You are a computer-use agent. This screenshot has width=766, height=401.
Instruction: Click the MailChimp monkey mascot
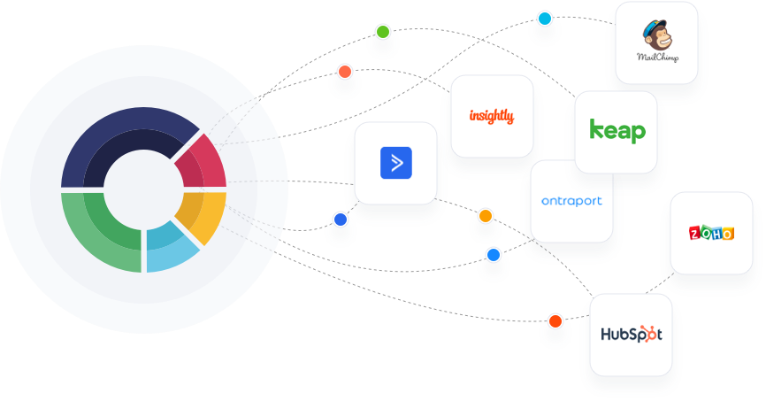(658, 35)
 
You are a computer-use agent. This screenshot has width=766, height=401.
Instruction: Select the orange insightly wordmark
(491, 116)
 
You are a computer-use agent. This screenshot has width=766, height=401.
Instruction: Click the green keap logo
(617, 131)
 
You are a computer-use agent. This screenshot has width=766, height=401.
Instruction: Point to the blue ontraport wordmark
(571, 201)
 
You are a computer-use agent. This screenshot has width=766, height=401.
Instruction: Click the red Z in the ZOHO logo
(694, 234)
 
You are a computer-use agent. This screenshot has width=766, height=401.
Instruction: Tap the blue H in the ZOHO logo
(717, 234)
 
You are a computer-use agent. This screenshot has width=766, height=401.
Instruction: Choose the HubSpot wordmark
(623, 335)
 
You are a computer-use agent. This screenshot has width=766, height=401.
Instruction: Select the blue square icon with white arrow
(396, 163)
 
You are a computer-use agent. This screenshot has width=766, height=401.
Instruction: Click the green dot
(382, 32)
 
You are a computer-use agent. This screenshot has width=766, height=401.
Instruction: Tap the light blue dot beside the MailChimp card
(545, 18)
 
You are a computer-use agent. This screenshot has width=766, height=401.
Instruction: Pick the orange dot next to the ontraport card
(485, 216)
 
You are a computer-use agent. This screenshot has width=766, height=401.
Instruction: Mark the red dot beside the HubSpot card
(555, 320)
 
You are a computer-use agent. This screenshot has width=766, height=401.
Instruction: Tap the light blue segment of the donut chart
(170, 250)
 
